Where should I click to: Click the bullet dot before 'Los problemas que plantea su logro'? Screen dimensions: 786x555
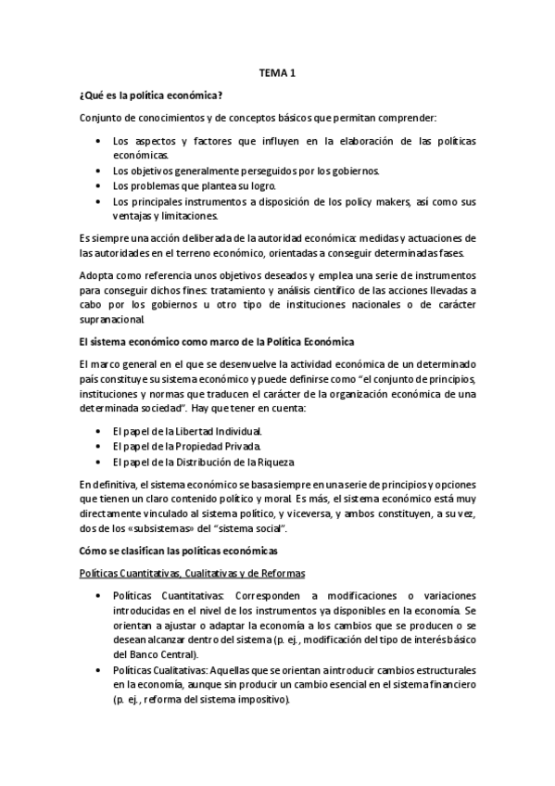(x=100, y=185)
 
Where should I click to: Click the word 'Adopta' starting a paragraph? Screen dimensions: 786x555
(x=96, y=276)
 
